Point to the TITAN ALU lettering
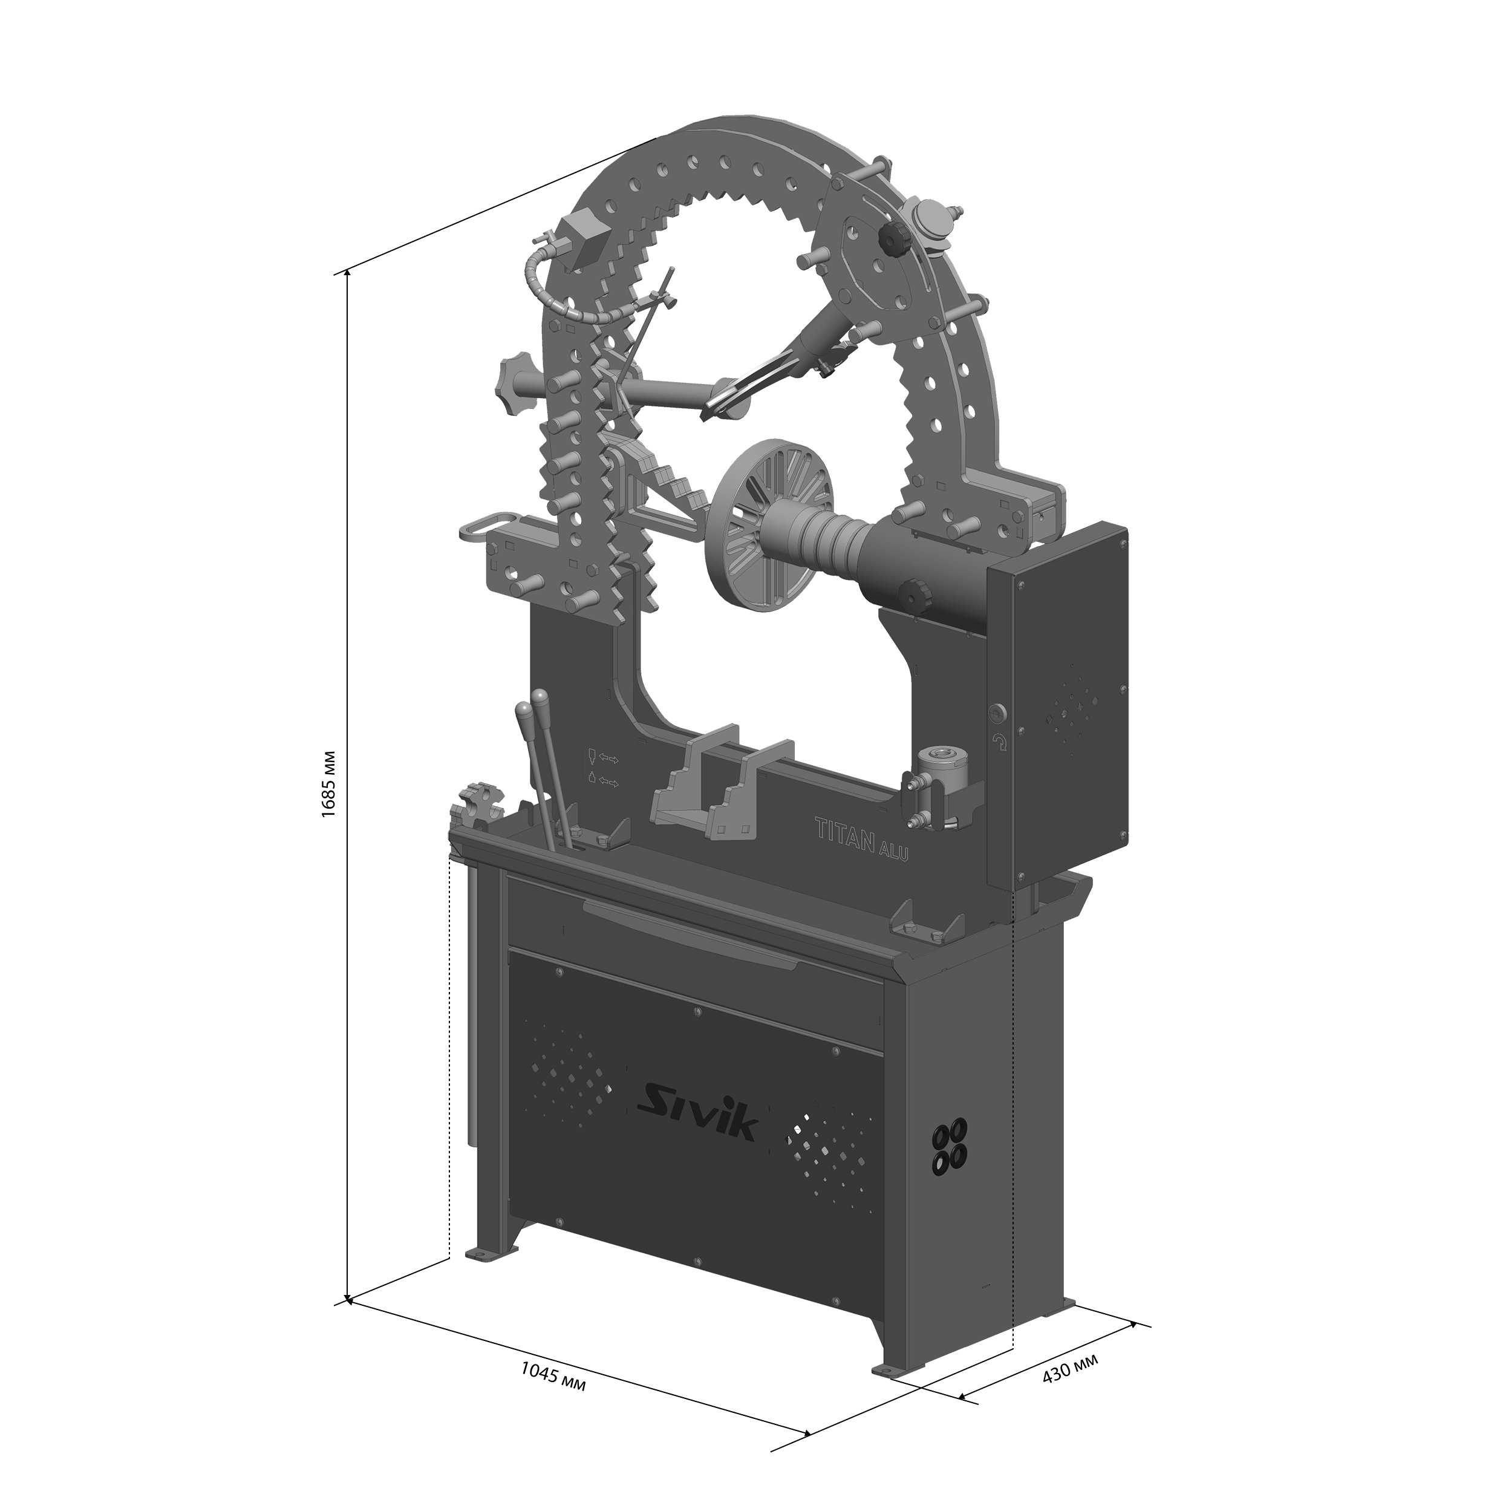click(862, 837)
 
